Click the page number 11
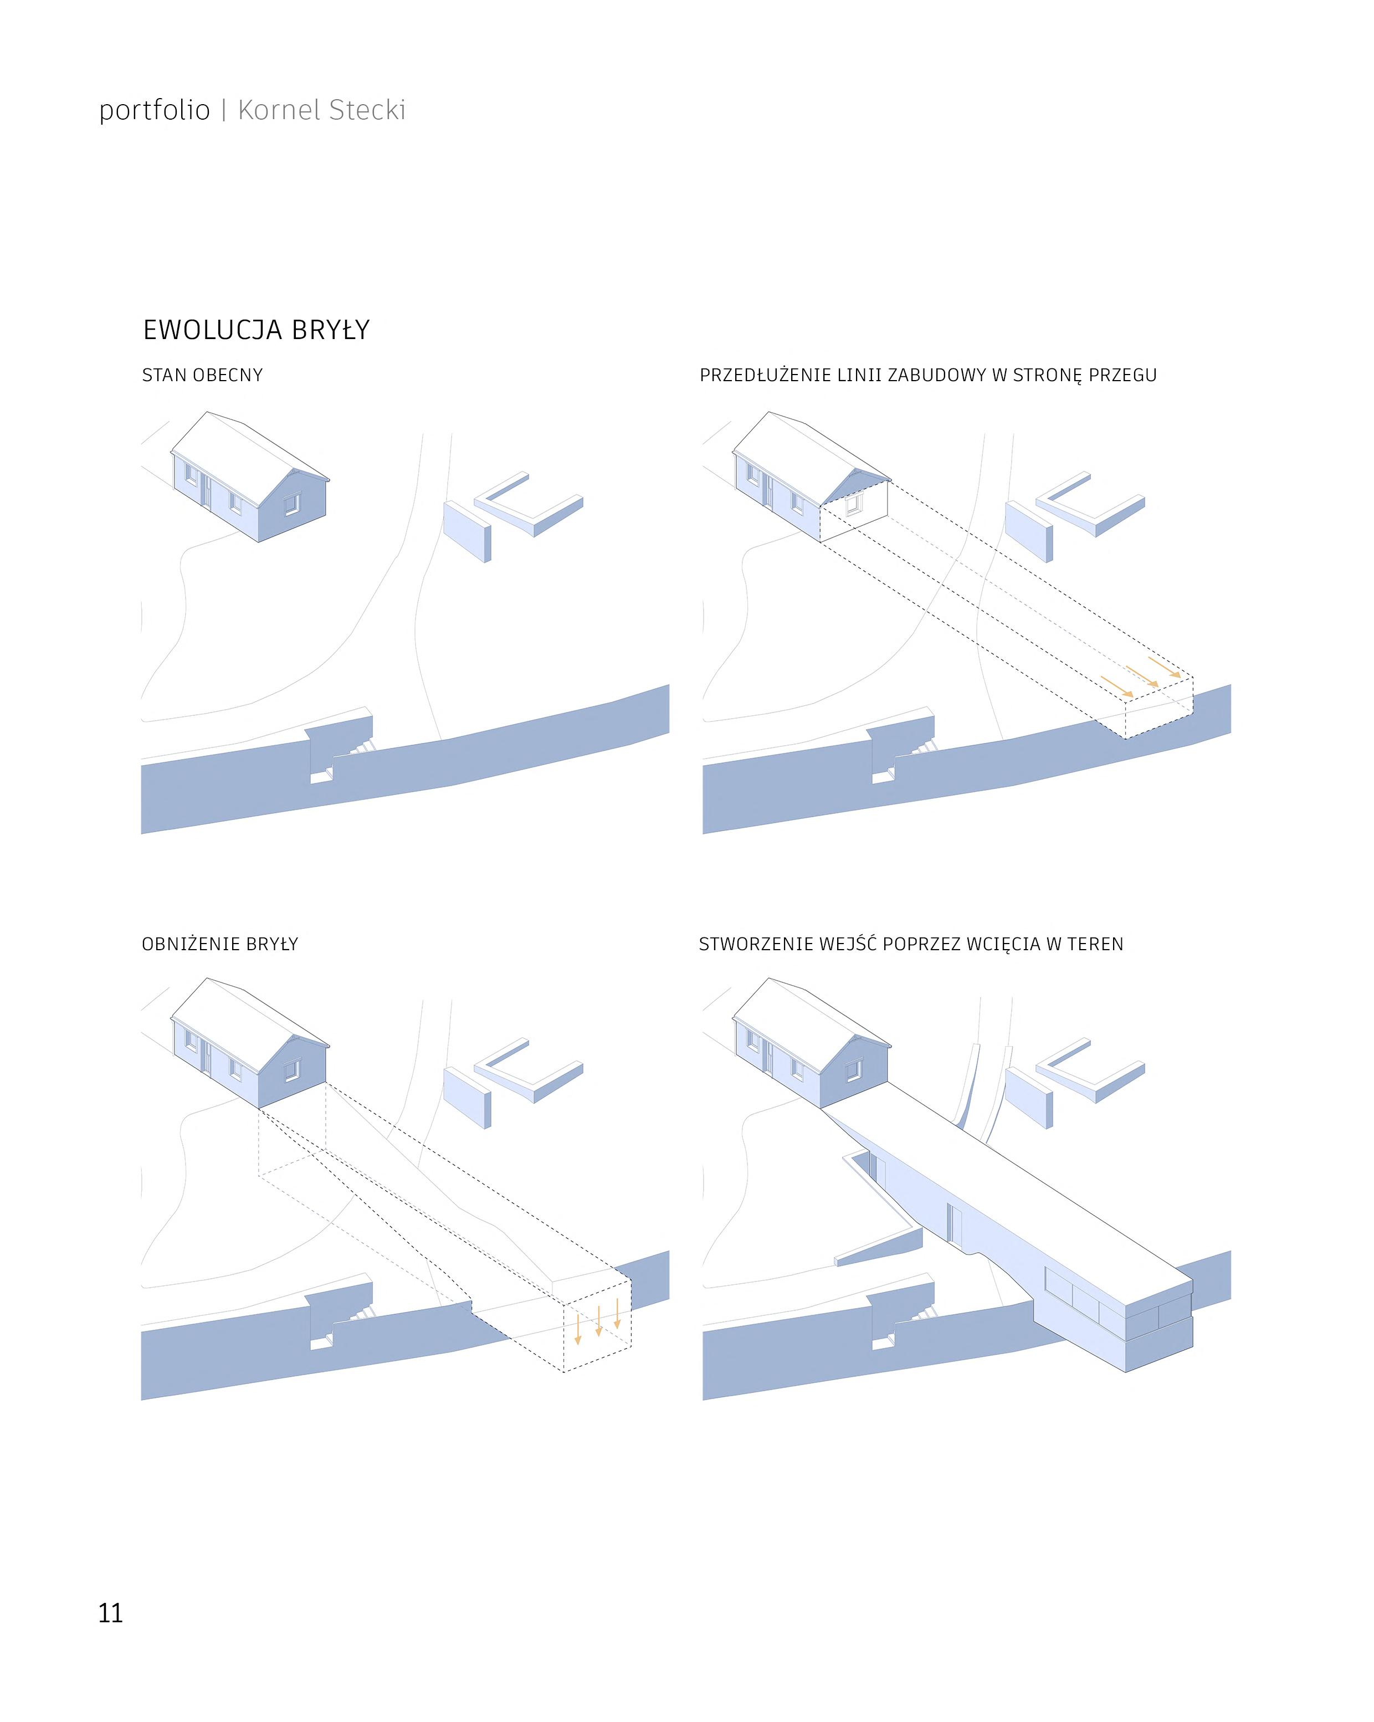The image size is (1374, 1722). [x=110, y=1613]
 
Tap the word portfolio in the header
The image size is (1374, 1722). [x=154, y=110]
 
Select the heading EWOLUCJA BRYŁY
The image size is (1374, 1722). [x=255, y=330]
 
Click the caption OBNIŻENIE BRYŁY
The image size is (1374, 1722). [x=220, y=944]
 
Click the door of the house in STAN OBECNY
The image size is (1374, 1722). [x=206, y=492]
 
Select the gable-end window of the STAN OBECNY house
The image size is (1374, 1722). [x=291, y=504]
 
